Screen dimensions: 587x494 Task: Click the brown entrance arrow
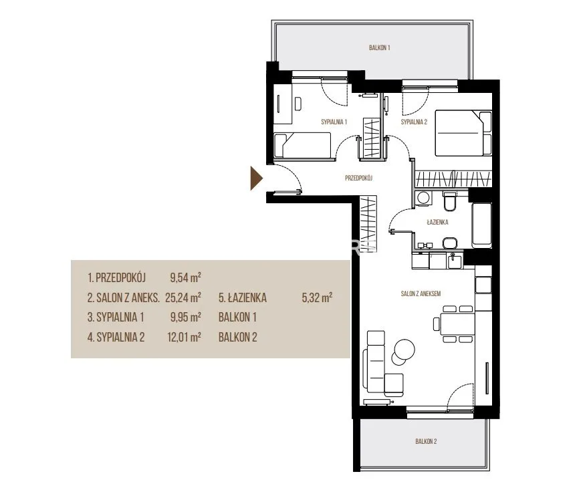[256, 178]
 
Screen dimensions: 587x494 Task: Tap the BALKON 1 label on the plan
[380, 47]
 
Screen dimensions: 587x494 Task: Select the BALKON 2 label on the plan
[426, 441]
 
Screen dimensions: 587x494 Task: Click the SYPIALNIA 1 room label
[334, 122]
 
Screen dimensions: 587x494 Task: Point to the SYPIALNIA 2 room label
[414, 122]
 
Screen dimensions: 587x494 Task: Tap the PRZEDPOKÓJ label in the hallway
[358, 178]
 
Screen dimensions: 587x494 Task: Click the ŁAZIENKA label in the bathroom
[438, 222]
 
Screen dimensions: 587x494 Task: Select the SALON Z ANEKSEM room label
[421, 293]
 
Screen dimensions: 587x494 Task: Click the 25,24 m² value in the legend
[183, 297]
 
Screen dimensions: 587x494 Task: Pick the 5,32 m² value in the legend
[317, 297]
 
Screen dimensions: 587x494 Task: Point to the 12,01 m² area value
[184, 337]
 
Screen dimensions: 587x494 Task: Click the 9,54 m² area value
[185, 277]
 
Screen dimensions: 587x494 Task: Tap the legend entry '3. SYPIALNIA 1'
[116, 318]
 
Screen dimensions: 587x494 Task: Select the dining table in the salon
[457, 324]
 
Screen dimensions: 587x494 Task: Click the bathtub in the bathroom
[482, 225]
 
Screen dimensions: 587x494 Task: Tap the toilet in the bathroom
[449, 201]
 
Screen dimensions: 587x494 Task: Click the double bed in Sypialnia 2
[463, 133]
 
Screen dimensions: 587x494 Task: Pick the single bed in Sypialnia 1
[303, 145]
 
